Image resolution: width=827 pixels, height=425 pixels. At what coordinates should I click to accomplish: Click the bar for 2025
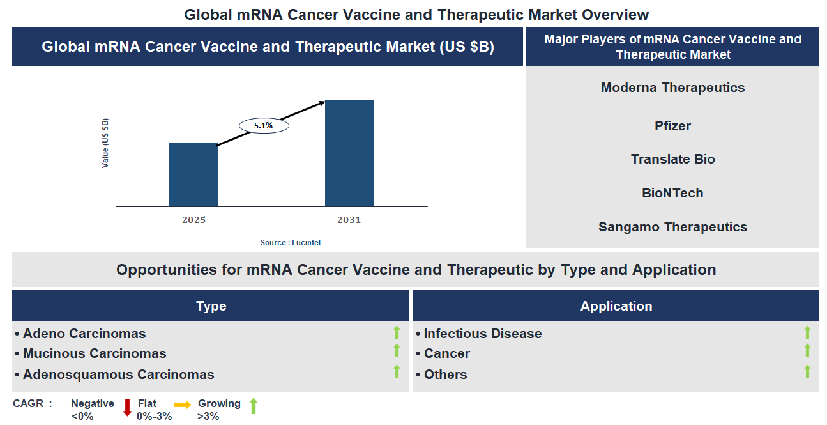(193, 174)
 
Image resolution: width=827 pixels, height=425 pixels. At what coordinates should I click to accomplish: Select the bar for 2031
(349, 153)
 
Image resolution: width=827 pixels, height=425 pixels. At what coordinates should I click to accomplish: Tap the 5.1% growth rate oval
(264, 126)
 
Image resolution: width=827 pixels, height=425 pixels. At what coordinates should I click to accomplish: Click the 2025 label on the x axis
(193, 220)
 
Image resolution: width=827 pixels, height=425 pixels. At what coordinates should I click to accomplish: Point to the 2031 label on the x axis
(349, 220)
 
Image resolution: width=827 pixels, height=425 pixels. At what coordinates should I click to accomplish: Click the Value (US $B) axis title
(105, 143)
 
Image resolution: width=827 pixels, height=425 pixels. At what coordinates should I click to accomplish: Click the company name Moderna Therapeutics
(672, 88)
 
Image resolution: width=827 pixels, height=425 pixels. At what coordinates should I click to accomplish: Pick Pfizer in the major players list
(672, 126)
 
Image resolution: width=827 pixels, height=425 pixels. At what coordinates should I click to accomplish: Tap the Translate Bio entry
(672, 159)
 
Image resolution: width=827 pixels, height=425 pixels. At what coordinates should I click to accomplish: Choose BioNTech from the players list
(672, 193)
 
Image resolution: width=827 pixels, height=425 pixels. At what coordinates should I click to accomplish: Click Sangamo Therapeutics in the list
(672, 227)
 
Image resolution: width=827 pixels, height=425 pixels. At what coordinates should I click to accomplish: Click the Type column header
(211, 306)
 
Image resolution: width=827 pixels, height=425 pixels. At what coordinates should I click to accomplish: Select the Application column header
(616, 306)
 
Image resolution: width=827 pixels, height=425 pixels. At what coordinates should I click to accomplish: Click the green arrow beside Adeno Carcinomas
(397, 332)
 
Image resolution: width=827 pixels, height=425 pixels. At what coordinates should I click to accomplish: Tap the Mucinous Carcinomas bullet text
(94, 353)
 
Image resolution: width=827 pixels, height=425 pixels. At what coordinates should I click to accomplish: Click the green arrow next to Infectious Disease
(807, 332)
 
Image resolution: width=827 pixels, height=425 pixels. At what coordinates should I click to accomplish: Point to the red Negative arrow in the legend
(127, 407)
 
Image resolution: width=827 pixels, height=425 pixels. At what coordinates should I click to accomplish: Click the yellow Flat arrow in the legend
(183, 405)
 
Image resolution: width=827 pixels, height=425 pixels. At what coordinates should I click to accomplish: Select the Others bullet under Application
(445, 375)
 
